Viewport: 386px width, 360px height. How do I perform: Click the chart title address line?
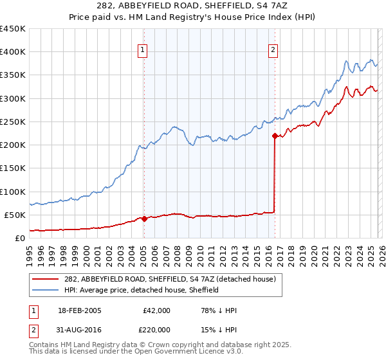pos(192,6)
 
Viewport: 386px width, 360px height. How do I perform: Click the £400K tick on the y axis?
pos(12,52)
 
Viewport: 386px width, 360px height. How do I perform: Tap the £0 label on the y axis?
pos(19,238)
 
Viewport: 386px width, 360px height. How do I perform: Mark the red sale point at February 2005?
pos(144,219)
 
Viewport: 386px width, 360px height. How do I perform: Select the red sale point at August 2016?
pos(275,136)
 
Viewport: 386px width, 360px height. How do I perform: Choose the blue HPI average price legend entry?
pos(142,290)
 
